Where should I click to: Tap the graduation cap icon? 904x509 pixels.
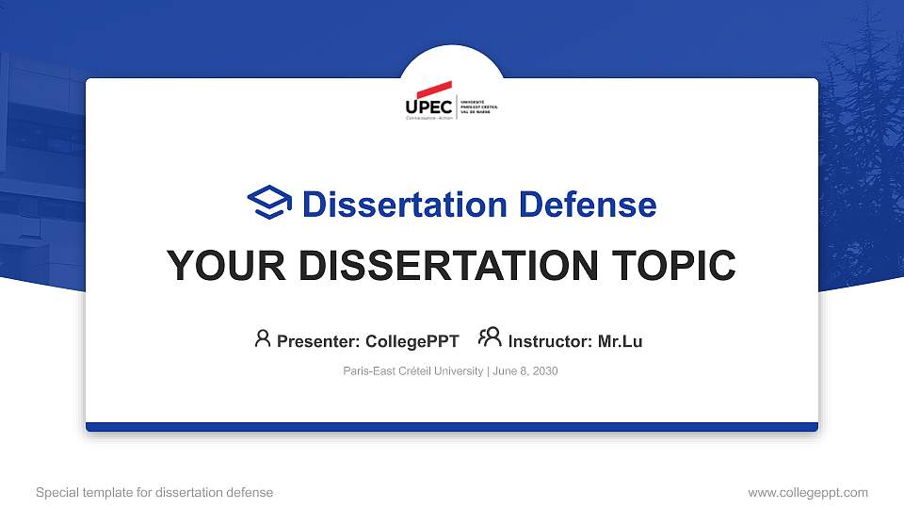(269, 204)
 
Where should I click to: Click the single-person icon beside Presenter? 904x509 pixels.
(263, 339)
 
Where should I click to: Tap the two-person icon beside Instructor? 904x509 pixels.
(490, 338)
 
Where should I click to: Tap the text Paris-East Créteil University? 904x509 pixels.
(412, 371)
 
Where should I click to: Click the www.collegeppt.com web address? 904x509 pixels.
(807, 492)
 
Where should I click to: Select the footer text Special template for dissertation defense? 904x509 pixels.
(154, 492)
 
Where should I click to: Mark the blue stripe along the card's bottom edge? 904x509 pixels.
(452, 427)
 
